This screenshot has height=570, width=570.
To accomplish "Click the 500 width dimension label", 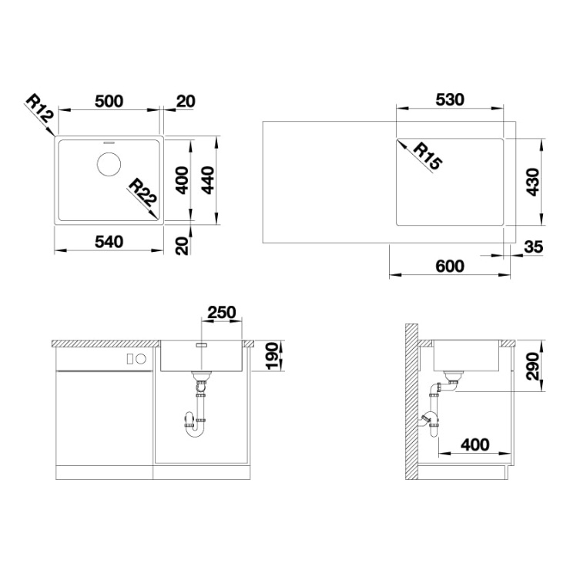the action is (109, 101).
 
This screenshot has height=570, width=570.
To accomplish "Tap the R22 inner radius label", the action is (142, 192).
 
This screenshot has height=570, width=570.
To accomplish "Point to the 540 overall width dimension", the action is (109, 242).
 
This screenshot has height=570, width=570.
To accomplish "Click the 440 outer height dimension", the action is (208, 180).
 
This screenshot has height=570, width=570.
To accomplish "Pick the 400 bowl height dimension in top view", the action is (182, 180).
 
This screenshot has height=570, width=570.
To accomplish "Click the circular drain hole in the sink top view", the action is (109, 164).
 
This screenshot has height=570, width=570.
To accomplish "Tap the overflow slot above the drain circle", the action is (109, 142).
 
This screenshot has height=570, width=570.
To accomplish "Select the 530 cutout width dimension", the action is (450, 99).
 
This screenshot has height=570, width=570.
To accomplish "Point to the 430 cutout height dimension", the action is (534, 182).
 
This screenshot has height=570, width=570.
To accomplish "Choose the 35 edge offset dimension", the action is (534, 247).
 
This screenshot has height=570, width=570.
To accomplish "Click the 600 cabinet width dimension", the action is (450, 266).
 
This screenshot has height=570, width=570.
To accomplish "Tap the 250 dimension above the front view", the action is (221, 312).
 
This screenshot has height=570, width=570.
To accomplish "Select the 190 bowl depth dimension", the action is (273, 356).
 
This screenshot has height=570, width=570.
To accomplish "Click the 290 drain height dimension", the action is (534, 366).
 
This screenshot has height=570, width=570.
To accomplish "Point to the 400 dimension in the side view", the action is (475, 444).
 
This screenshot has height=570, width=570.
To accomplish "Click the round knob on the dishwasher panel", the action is (141, 359).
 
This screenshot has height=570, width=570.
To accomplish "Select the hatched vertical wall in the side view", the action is (411, 401).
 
